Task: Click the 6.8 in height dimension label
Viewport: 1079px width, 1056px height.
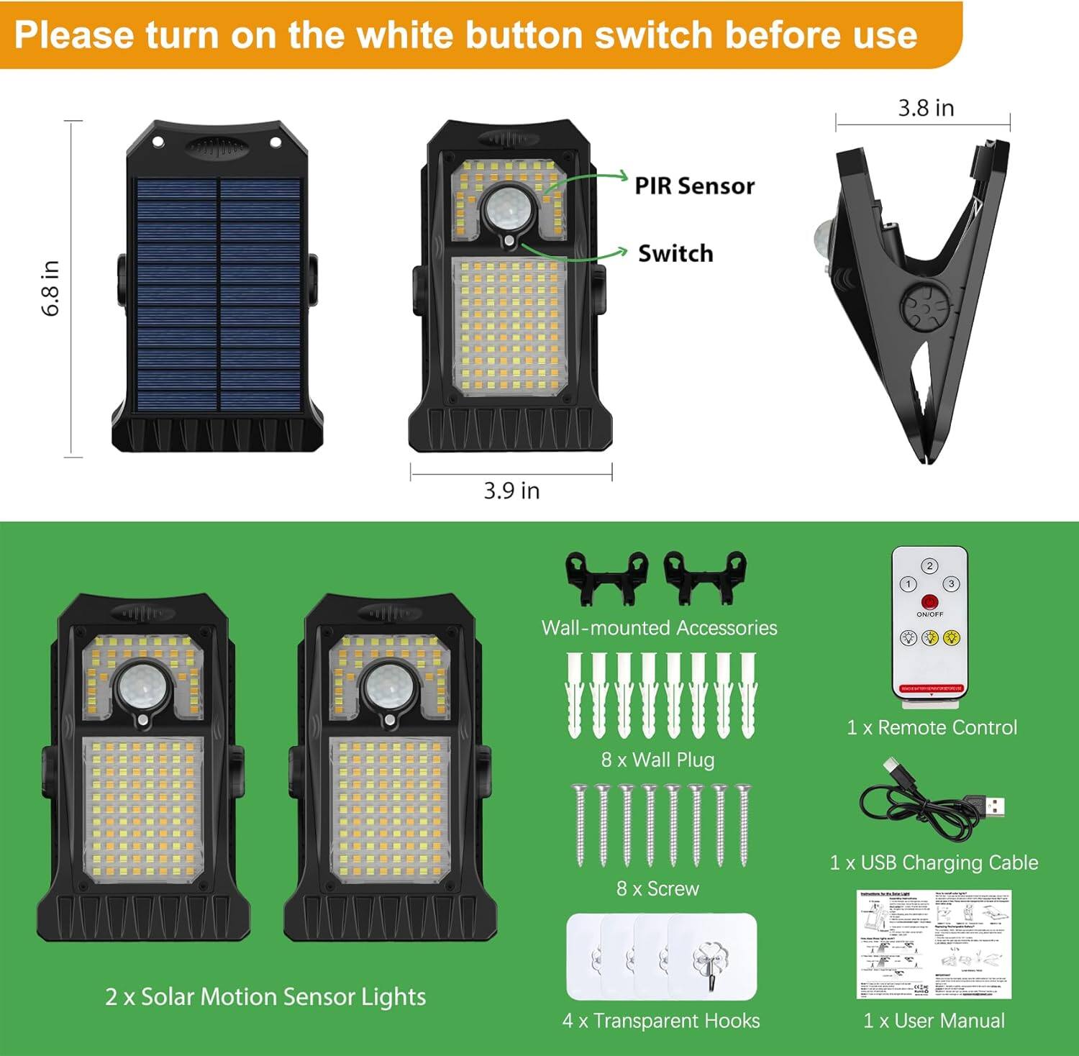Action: coord(50,288)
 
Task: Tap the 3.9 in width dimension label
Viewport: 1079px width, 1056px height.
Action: coord(511,491)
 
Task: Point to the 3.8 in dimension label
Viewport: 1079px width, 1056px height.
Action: coord(926,108)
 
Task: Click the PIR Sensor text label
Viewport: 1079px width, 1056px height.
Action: coord(694,186)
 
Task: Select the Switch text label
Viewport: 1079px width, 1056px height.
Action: coord(675,254)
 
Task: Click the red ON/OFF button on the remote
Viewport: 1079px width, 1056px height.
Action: coord(929,601)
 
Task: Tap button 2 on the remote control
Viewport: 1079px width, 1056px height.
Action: coord(929,566)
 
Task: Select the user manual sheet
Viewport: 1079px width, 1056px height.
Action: coord(934,944)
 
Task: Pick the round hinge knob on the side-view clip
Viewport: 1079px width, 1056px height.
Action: coord(924,306)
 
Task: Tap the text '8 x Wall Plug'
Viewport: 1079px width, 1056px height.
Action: coord(657,760)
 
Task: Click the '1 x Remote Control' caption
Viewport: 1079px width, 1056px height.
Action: coord(932,727)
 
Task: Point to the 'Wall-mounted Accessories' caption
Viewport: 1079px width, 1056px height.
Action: coord(659,628)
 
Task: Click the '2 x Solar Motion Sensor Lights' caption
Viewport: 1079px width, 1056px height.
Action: coord(265,997)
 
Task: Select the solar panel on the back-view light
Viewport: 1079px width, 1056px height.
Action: coord(219,295)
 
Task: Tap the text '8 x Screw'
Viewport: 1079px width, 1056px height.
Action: coord(657,888)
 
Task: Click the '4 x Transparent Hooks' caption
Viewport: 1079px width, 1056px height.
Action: coord(661,1021)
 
